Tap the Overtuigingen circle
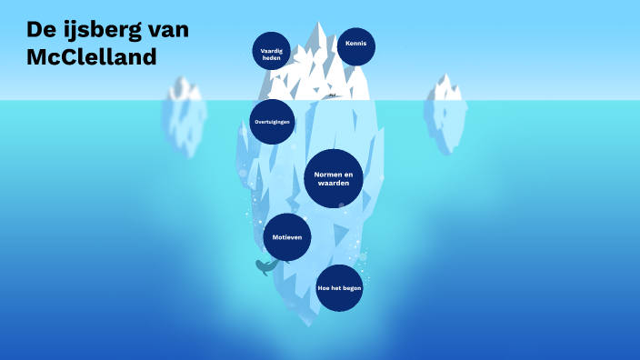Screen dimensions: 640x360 tap(272, 121)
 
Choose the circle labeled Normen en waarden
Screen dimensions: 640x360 tap(334, 178)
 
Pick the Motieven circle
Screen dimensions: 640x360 tap(286, 237)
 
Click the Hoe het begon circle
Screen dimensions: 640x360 tap(339, 287)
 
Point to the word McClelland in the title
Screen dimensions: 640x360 tap(92, 56)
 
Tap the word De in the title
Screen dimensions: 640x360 tap(40, 30)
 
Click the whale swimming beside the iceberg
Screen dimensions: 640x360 tap(265, 266)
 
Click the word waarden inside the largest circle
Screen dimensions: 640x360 tap(334, 184)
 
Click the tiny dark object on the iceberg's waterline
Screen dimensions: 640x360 tap(333, 95)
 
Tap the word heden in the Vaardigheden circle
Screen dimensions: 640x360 tap(271, 56)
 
